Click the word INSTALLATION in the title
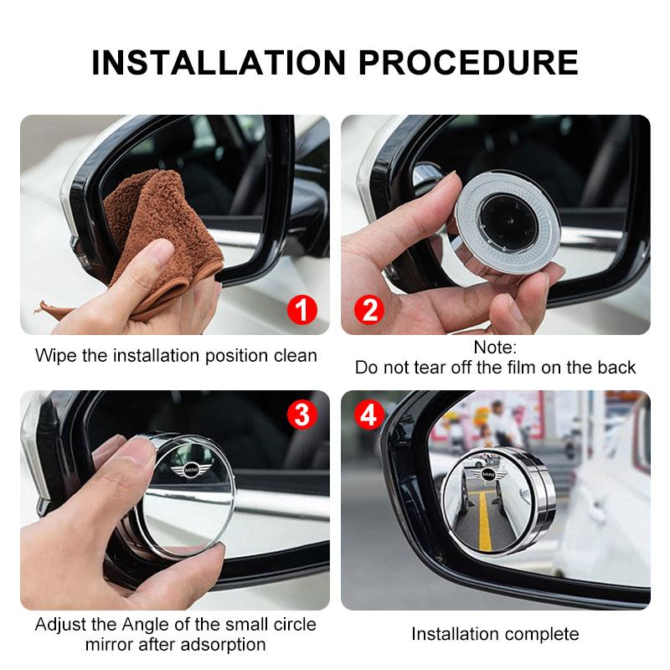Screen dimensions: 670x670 click(217, 63)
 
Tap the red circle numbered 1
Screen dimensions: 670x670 click(302, 311)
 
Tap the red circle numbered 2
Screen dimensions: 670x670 click(368, 311)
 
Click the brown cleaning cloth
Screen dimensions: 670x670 click(159, 234)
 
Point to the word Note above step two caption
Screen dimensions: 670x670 click(495, 347)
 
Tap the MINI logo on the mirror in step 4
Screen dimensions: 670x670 click(488, 476)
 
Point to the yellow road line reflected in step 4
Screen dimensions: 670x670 click(484, 519)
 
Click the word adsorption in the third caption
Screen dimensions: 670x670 click(222, 645)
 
